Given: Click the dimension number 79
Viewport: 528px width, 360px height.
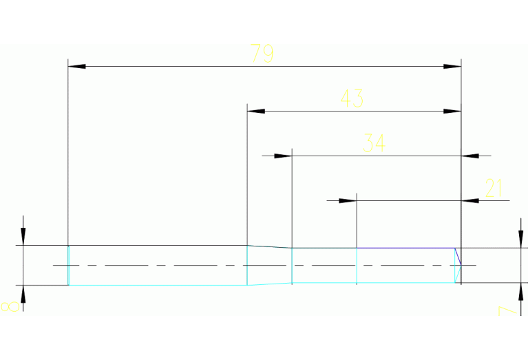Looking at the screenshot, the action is click(x=262, y=54).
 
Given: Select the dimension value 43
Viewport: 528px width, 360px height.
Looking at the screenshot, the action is click(x=352, y=98).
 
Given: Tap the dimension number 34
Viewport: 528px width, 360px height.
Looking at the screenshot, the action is click(x=374, y=143).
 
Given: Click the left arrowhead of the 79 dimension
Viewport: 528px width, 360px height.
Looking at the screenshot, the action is click(x=76, y=67).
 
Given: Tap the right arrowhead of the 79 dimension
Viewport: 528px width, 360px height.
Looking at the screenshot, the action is click(x=452, y=67).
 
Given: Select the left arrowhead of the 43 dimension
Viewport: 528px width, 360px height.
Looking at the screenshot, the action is click(x=255, y=111).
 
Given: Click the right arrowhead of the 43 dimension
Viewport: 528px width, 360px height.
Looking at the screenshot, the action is click(x=452, y=111).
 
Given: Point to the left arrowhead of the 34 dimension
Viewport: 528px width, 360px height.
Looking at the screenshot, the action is click(x=283, y=156).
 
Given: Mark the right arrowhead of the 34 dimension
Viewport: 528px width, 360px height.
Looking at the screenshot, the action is click(x=470, y=156).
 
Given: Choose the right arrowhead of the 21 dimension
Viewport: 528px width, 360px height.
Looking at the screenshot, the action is click(x=470, y=201).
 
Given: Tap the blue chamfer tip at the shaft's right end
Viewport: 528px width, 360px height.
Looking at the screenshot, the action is click(x=458, y=265).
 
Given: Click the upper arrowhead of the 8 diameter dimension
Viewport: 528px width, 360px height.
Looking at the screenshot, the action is click(x=23, y=236).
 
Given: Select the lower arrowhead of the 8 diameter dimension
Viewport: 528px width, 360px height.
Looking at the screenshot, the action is click(x=23, y=294).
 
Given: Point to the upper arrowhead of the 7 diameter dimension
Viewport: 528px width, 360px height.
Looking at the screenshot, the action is click(x=521, y=238).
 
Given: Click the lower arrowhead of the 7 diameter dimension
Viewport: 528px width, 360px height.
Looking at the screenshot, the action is click(x=521, y=291).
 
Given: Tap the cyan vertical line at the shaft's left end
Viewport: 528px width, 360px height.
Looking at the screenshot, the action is click(x=68, y=265).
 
